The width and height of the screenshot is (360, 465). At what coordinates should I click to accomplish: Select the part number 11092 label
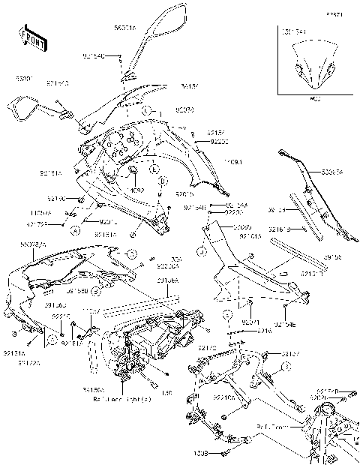click(x=136, y=190)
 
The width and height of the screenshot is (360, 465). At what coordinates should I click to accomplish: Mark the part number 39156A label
click(x=168, y=280)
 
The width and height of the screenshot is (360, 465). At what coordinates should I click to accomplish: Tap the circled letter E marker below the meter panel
click(x=154, y=171)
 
